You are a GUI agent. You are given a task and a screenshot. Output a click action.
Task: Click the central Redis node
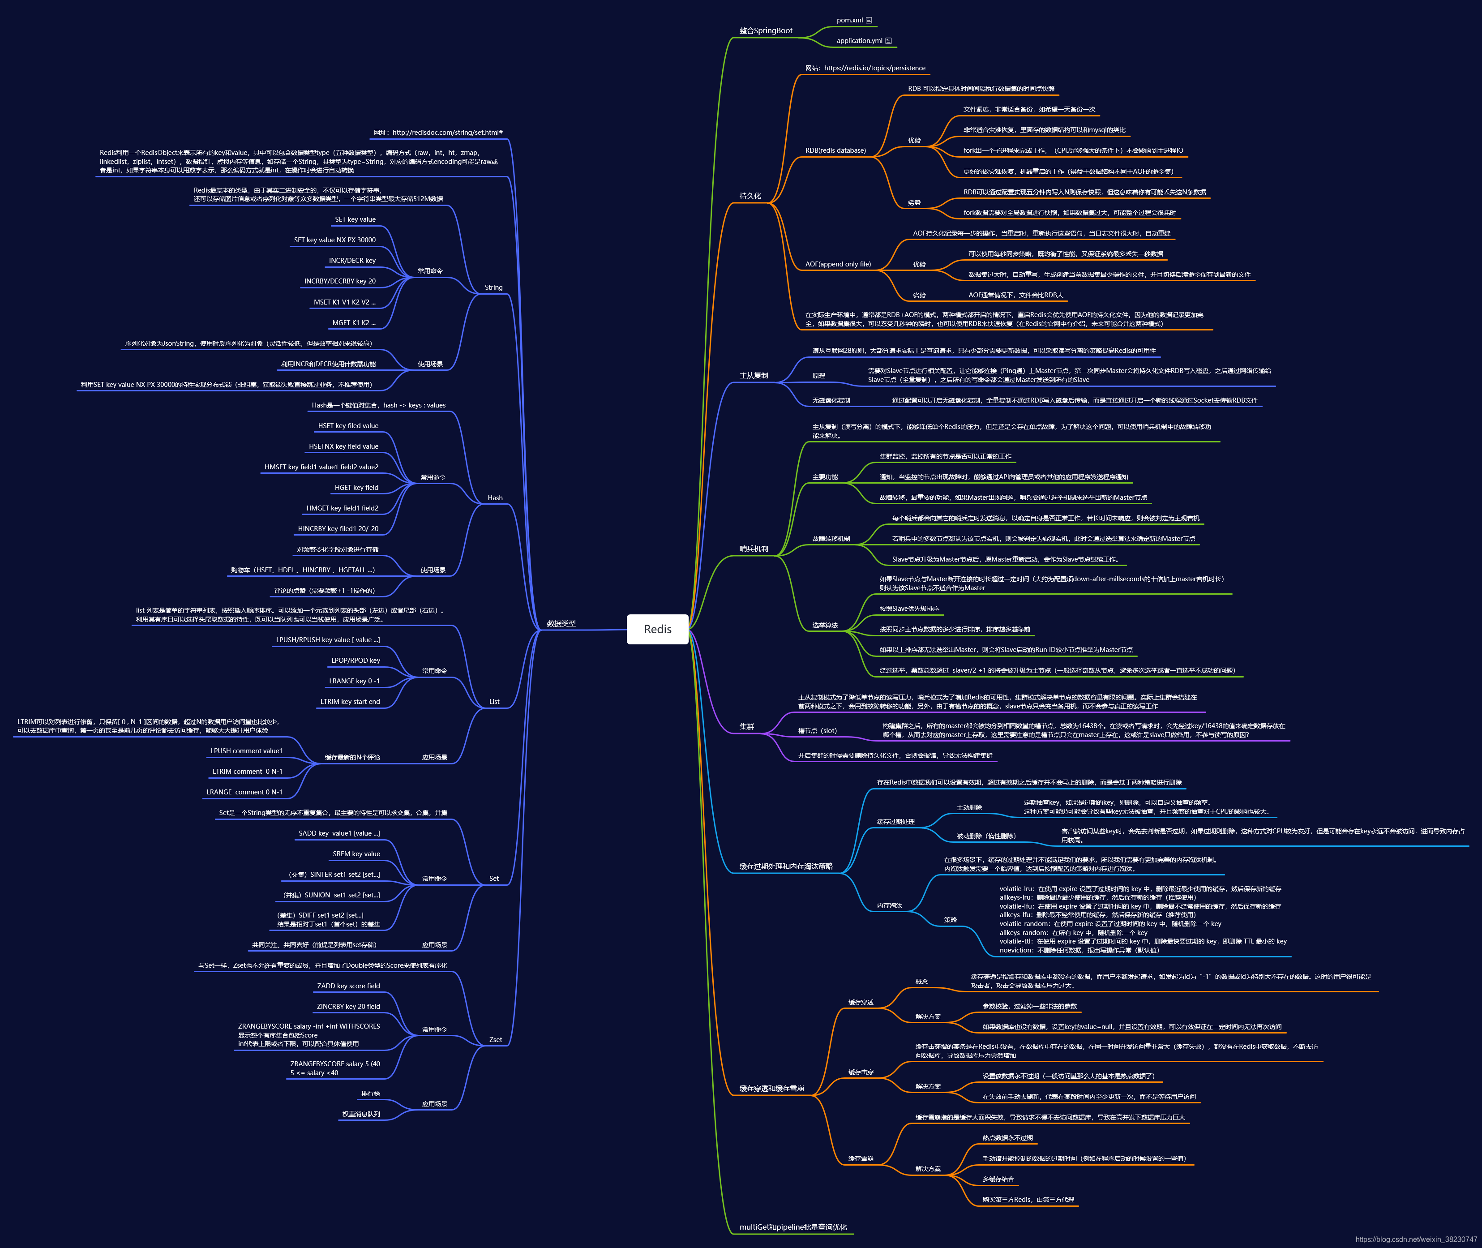[657, 629]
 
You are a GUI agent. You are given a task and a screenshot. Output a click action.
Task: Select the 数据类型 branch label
[561, 623]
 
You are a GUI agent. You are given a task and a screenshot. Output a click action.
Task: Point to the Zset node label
[495, 1039]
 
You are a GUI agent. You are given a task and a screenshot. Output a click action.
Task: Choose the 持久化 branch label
[750, 196]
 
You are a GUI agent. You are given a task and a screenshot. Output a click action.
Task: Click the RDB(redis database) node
[835, 150]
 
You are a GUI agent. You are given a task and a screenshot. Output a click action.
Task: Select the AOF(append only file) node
[838, 264]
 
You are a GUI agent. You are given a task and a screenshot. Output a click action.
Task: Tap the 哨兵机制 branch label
[754, 548]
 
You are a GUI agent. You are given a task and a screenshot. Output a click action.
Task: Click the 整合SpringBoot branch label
[766, 30]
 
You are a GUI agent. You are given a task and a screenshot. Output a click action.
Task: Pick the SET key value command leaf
[355, 219]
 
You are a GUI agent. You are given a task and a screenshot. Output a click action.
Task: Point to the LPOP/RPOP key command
[355, 660]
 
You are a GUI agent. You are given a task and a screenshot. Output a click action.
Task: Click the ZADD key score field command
[348, 986]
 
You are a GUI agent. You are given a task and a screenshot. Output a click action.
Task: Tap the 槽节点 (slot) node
[817, 731]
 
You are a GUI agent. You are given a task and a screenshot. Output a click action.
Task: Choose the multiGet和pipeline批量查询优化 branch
[793, 1227]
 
